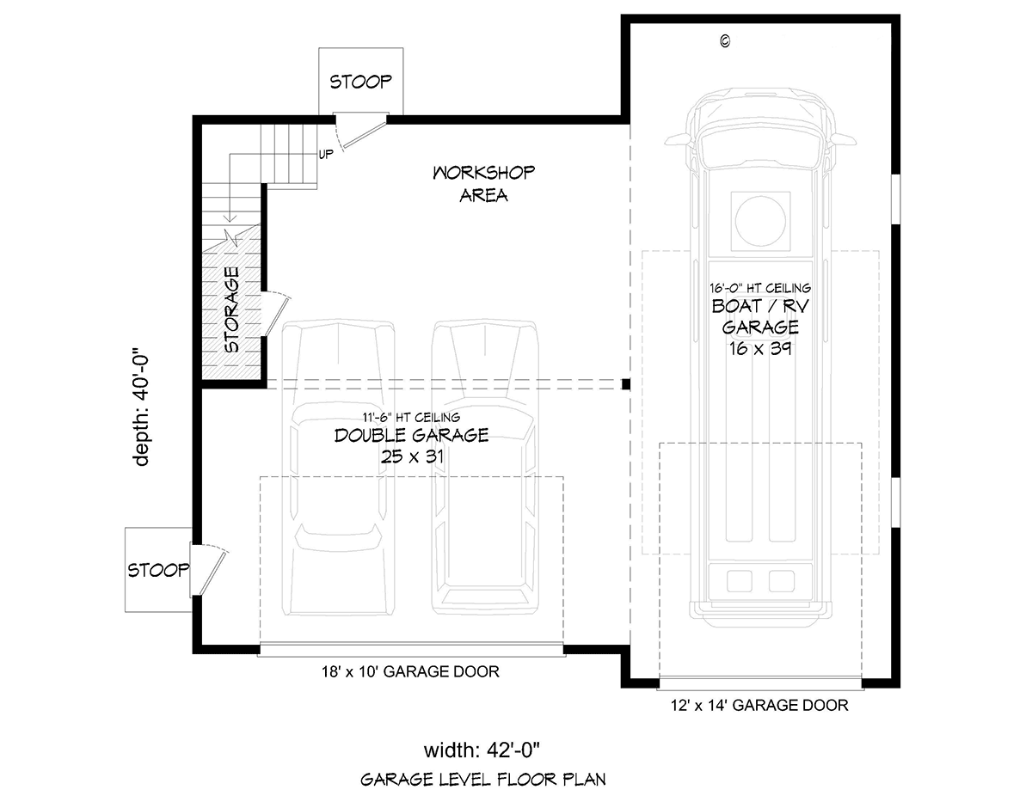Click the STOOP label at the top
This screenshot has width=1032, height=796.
360,82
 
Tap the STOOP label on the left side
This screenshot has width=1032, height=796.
158,570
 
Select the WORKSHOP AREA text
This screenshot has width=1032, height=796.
483,184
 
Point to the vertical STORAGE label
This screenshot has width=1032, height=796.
231,309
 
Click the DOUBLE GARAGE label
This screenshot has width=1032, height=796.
411,435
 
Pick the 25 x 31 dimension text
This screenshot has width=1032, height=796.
412,456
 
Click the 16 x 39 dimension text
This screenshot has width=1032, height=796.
760,349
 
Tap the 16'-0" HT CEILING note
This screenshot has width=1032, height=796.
760,288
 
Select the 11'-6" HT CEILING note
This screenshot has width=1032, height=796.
411,417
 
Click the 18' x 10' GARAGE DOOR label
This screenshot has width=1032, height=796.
410,671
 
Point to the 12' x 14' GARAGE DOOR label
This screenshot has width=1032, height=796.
759,706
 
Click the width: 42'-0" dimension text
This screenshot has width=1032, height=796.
482,750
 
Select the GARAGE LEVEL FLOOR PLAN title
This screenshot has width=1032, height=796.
483,780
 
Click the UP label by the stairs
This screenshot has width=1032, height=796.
326,154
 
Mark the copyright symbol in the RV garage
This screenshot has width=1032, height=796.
725,41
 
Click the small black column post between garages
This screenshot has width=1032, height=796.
626,384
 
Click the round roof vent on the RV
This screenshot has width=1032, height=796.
760,220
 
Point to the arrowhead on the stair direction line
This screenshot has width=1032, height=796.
230,217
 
